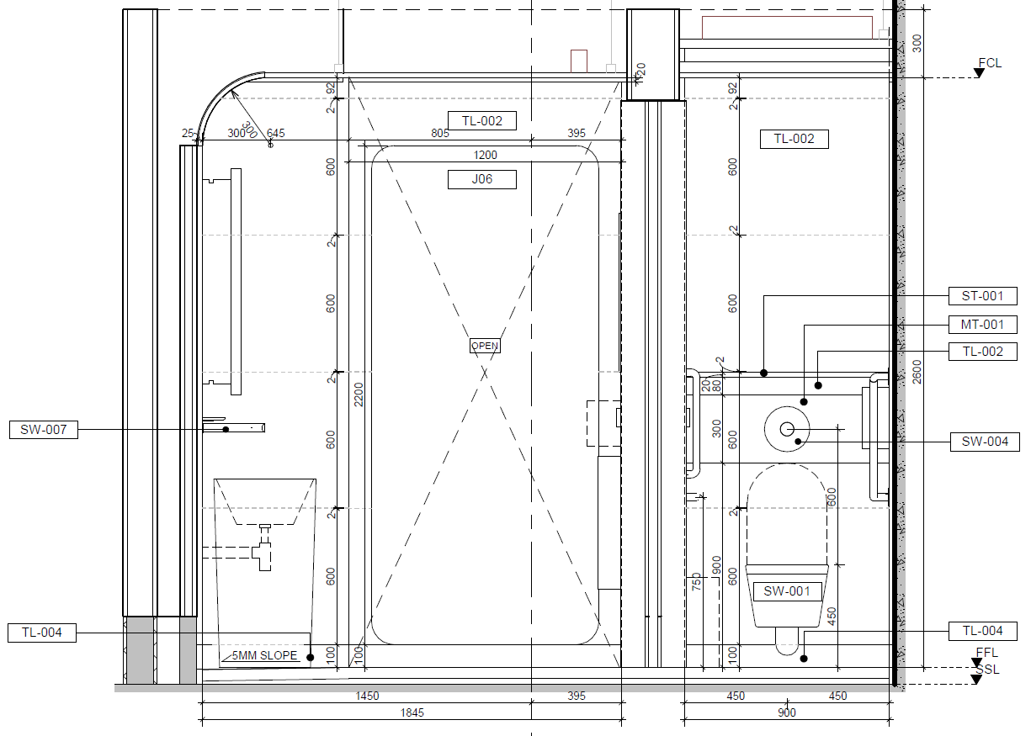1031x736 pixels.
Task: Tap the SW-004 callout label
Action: pyautogui.click(x=985, y=442)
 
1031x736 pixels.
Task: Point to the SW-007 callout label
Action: pyautogui.click(x=43, y=430)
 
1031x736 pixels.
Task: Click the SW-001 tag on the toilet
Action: pyautogui.click(x=787, y=591)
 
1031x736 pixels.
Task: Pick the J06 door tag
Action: pyautogui.click(x=481, y=179)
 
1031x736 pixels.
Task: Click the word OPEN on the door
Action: pyautogui.click(x=485, y=346)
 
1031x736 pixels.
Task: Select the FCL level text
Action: pyautogui.click(x=990, y=63)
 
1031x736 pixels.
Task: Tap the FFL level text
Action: pyautogui.click(x=987, y=653)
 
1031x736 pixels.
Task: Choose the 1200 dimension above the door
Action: pyautogui.click(x=486, y=155)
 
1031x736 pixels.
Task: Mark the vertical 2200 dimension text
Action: pyautogui.click(x=359, y=394)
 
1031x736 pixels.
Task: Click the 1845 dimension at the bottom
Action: pyautogui.click(x=412, y=712)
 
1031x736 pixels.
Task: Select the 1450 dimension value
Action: pyautogui.click(x=367, y=696)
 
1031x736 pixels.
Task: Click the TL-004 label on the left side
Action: pyautogui.click(x=42, y=633)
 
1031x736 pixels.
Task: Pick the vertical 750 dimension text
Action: pyautogui.click(x=696, y=582)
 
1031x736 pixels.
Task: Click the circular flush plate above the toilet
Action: pyautogui.click(x=787, y=429)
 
